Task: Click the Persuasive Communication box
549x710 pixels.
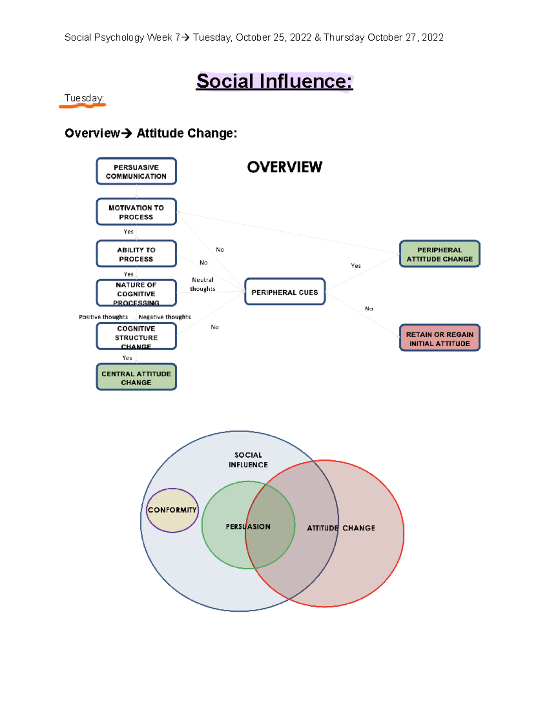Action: tap(136, 171)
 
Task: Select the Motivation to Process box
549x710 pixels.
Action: tap(136, 212)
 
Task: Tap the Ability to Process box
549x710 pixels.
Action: tap(136, 254)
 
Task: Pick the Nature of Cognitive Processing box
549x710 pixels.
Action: tap(136, 293)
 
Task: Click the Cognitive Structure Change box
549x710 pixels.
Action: tap(136, 336)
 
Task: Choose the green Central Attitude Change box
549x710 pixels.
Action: tap(136, 377)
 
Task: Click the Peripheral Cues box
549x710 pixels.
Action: tap(285, 292)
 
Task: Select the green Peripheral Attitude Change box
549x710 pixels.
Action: tap(440, 254)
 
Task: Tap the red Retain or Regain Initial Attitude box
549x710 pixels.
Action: tap(440, 338)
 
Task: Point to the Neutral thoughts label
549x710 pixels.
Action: tap(203, 284)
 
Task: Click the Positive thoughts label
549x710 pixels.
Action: tap(103, 317)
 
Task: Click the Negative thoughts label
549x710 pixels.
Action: tap(165, 317)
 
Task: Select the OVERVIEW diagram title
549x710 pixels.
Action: tap(285, 167)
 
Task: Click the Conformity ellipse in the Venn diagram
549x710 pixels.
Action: tap(172, 510)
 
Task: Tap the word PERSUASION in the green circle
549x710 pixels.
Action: tap(248, 527)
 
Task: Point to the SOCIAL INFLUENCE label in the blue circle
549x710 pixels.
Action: tap(248, 460)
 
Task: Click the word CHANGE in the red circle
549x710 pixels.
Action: tap(359, 528)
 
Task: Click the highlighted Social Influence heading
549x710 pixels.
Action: tap(274, 81)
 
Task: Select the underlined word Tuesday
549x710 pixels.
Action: tap(84, 98)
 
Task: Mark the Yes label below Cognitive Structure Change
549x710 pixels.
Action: tap(127, 358)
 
